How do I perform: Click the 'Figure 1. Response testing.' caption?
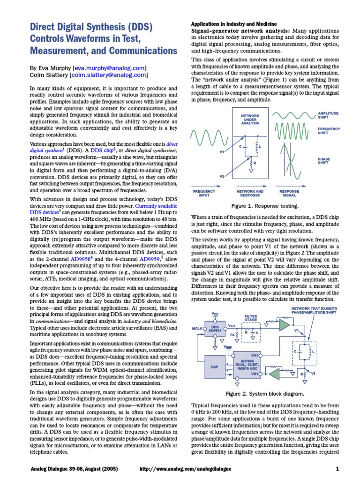[x=265, y=205]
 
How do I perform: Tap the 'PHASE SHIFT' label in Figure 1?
[x=324, y=161]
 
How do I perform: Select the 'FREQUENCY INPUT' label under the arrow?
[x=204, y=193]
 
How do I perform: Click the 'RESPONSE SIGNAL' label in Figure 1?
[x=289, y=193]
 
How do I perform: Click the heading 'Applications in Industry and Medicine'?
[x=233, y=23]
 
